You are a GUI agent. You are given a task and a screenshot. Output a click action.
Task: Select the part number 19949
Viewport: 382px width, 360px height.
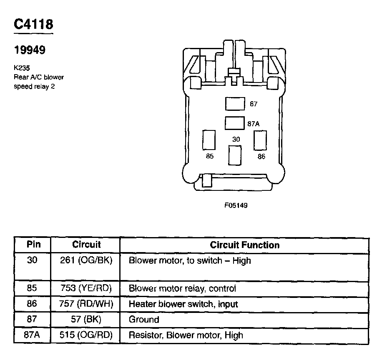[30, 50]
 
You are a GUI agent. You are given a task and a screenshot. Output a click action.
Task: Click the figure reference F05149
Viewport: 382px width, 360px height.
[236, 205]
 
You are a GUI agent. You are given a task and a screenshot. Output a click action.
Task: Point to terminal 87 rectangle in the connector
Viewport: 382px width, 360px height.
[234, 104]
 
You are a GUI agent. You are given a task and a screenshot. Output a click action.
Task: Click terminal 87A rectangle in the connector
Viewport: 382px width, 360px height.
[234, 123]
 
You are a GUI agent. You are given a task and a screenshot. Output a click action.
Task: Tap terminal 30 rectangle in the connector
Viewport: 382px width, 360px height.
[235, 156]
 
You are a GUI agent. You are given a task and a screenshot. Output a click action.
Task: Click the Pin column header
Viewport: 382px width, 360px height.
[33, 245]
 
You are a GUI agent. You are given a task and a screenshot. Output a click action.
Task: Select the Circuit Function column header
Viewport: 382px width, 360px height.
[244, 245]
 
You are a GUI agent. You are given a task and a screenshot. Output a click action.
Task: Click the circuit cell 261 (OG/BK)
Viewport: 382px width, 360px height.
[86, 261]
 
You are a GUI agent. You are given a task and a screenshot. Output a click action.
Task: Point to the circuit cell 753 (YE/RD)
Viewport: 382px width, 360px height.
[86, 288]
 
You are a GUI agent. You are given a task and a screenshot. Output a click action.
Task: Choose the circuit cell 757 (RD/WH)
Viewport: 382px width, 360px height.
[86, 304]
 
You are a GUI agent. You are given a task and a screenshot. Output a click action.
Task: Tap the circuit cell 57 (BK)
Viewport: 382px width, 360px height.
[86, 320]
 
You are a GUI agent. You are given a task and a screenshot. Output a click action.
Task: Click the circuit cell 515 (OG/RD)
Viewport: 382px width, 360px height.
[86, 335]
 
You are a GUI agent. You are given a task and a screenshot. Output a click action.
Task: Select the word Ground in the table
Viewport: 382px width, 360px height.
[144, 320]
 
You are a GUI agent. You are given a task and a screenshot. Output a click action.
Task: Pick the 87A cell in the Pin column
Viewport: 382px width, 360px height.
[32, 335]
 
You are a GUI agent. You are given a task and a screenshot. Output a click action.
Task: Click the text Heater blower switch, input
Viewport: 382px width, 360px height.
[183, 304]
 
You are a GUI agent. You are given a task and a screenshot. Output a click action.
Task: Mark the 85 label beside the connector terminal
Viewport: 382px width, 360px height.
[210, 157]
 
